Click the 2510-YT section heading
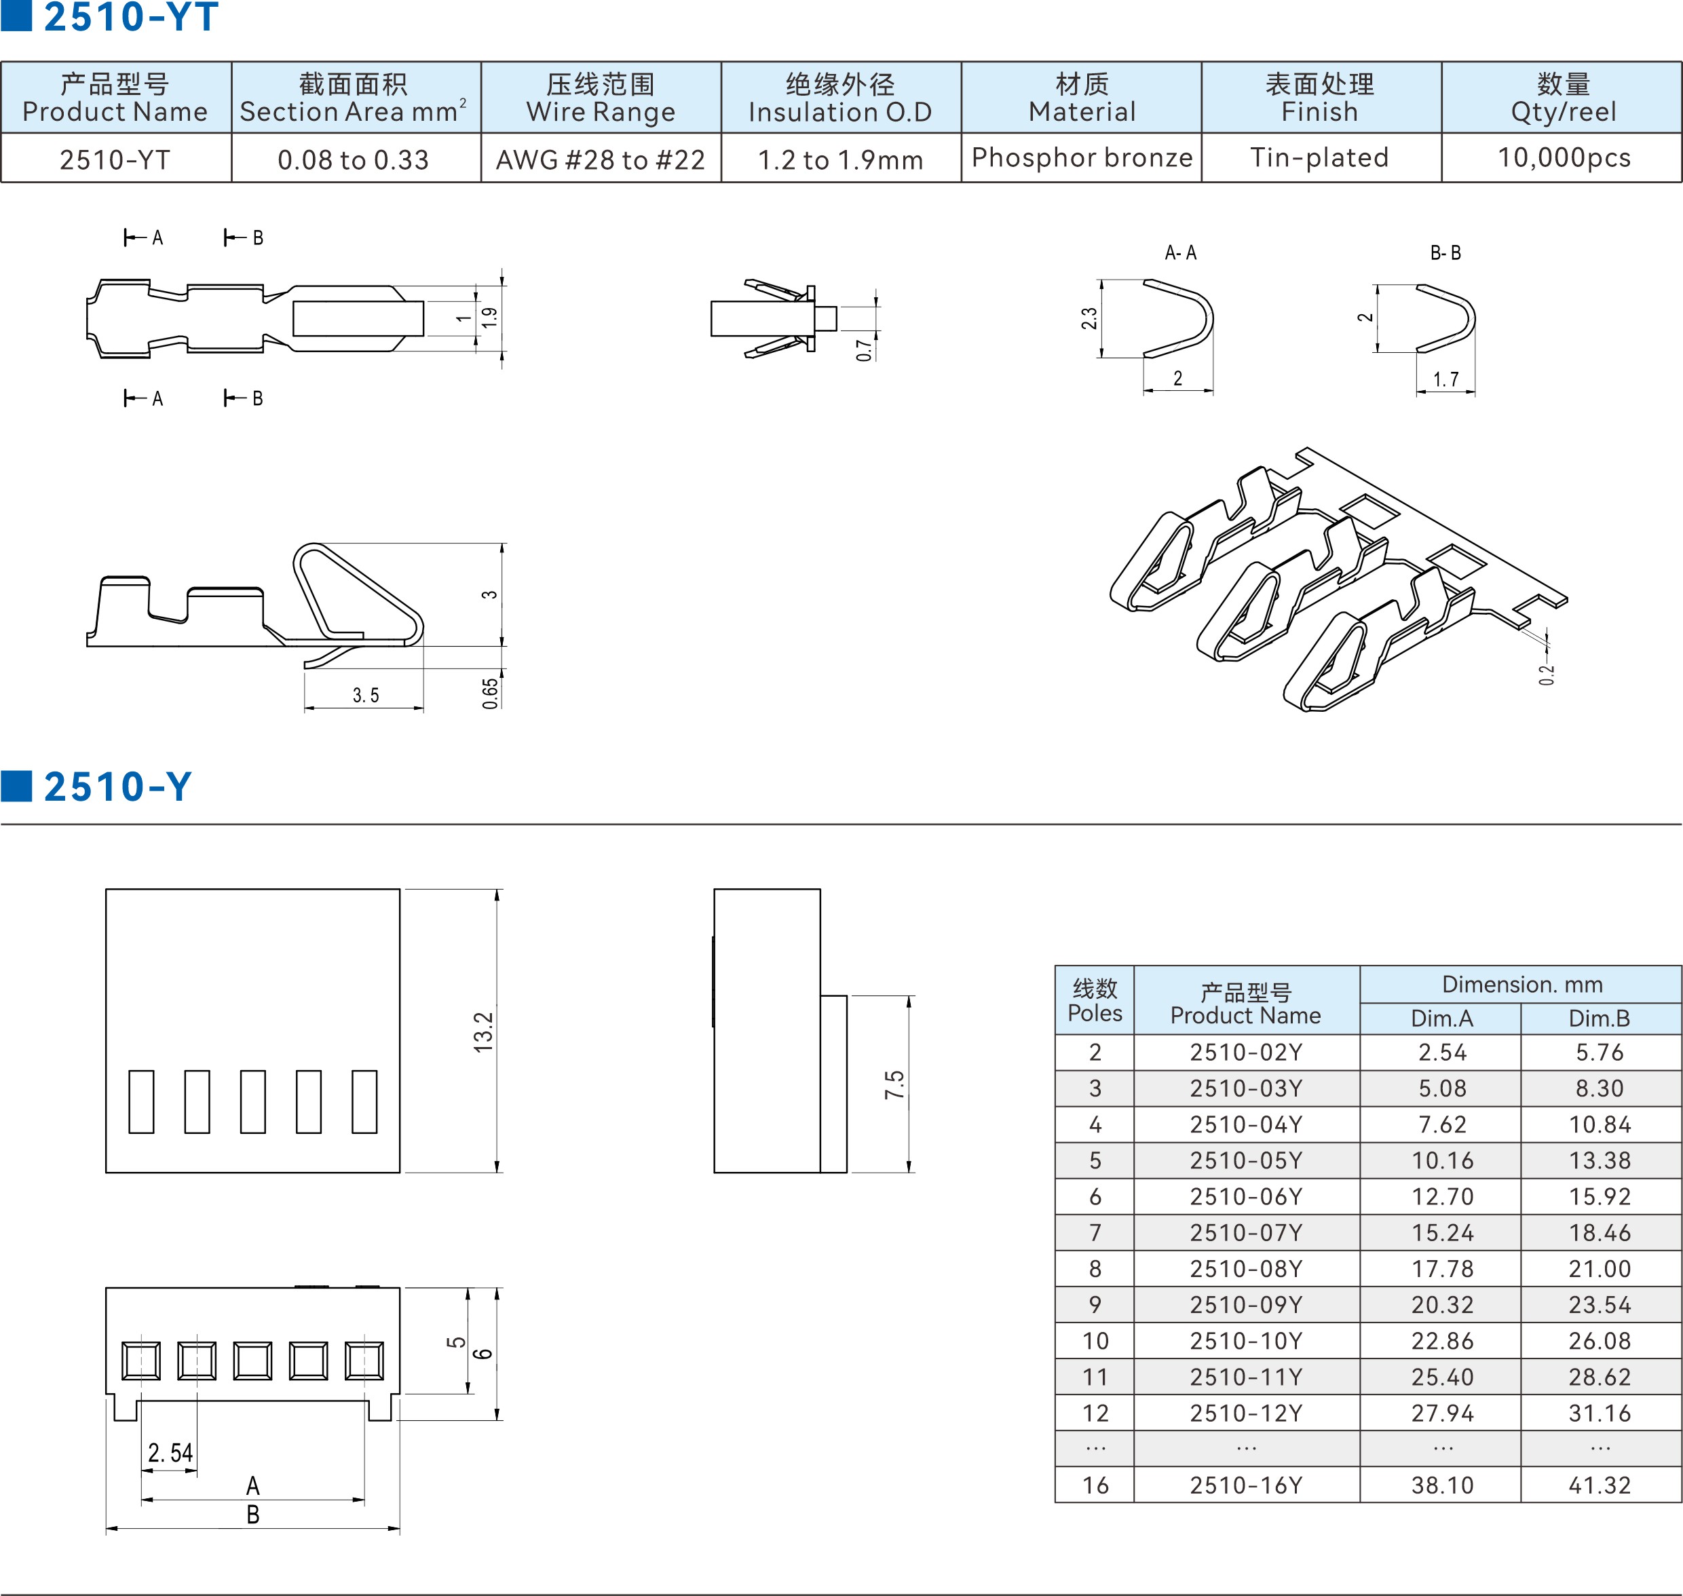[131, 17]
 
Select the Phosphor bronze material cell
[1082, 157]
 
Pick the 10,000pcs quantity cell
[1564, 157]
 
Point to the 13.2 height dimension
[483, 1032]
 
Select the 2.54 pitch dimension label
[170, 1452]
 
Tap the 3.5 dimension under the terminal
[366, 695]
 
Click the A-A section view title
[1180, 252]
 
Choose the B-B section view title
[1445, 252]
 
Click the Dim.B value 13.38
[1600, 1160]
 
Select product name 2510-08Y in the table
[1246, 1268]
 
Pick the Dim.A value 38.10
[1442, 1485]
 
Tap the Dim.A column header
[1441, 1019]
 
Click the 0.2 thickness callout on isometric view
[1546, 674]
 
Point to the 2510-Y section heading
[117, 787]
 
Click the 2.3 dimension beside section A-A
[1089, 318]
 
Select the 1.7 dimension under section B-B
[1445, 379]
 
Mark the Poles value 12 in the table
[1095, 1413]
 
